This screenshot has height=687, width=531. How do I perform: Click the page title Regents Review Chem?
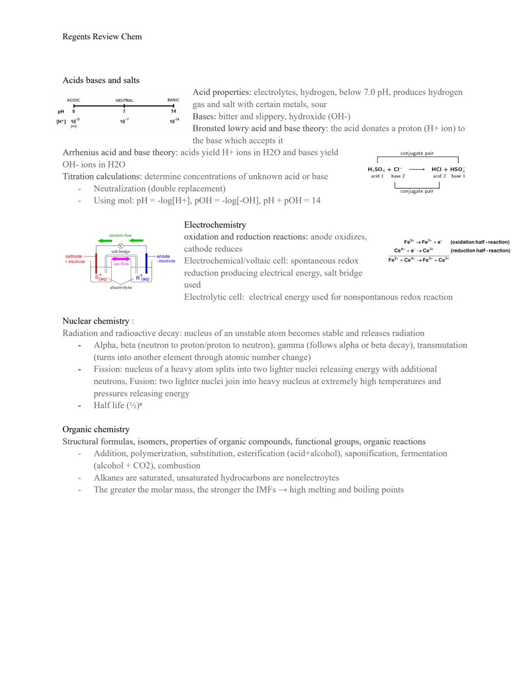click(x=102, y=37)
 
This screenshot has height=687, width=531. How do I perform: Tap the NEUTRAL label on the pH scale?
click(x=124, y=100)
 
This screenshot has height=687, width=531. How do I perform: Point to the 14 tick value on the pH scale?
click(x=173, y=111)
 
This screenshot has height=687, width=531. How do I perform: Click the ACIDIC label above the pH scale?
click(x=73, y=100)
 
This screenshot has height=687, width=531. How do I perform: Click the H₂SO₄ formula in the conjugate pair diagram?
click(x=377, y=169)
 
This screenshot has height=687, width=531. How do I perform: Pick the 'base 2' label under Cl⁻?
click(x=398, y=176)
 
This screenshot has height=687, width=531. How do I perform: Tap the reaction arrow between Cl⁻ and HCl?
click(x=417, y=169)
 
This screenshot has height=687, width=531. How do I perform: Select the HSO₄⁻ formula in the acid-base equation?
click(x=457, y=169)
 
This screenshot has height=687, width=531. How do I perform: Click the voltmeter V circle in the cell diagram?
click(x=120, y=246)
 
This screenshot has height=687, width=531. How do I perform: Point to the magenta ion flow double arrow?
click(x=120, y=259)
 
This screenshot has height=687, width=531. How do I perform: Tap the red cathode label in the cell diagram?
click(x=74, y=256)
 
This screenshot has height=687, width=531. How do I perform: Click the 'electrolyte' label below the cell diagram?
click(x=121, y=288)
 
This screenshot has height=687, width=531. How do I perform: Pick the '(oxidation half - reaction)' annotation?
click(x=480, y=242)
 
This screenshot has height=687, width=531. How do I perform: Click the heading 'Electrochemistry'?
click(x=215, y=225)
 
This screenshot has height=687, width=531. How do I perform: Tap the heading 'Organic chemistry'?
click(x=96, y=429)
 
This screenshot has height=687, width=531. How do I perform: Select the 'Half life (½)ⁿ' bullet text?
click(x=118, y=405)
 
